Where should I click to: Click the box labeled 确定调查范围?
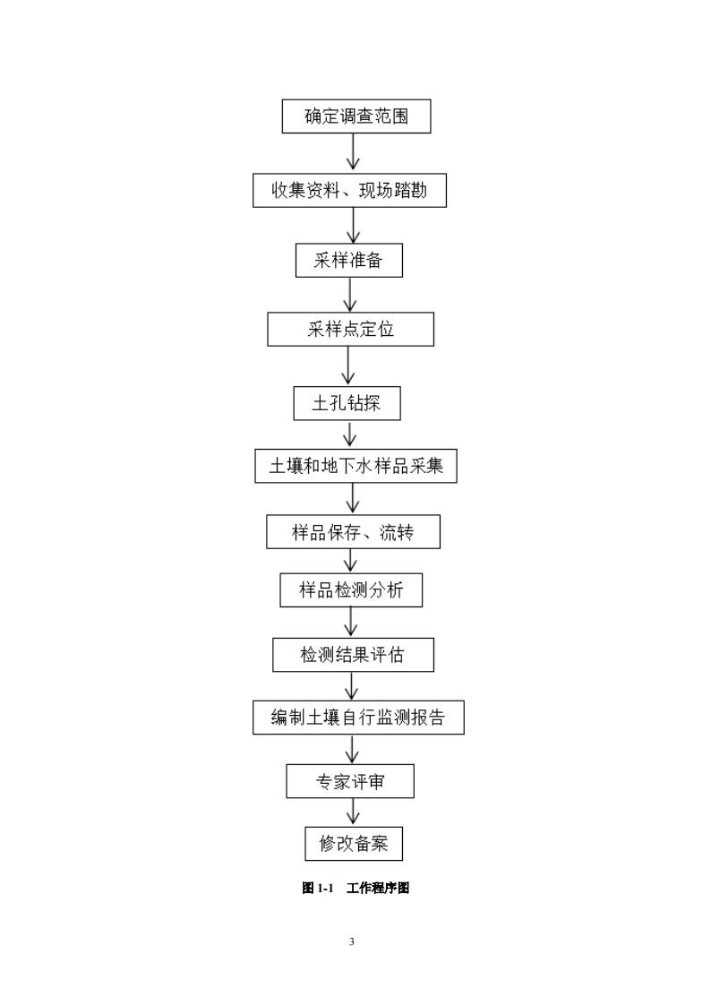click(x=355, y=116)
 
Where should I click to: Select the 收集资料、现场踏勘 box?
click(x=349, y=191)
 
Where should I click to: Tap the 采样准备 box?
click(x=349, y=261)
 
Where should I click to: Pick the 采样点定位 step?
click(x=350, y=329)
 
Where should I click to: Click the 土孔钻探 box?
click(x=347, y=403)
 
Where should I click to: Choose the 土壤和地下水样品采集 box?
click(x=355, y=466)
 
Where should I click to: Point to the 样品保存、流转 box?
click(x=353, y=532)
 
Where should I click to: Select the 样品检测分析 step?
click(x=350, y=590)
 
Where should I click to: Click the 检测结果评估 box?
click(x=353, y=655)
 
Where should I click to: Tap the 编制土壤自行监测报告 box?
click(x=358, y=718)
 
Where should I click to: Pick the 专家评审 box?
click(x=350, y=781)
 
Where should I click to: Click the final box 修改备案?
click(x=354, y=843)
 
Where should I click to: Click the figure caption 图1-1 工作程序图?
click(x=355, y=888)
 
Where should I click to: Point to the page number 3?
click(x=352, y=942)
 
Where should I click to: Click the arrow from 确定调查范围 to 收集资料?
click(x=354, y=153)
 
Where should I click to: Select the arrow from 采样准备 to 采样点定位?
click(x=350, y=295)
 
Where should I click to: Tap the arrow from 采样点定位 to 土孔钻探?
click(x=348, y=366)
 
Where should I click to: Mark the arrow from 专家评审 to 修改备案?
click(x=353, y=812)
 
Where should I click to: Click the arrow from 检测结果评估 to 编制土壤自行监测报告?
click(x=353, y=686)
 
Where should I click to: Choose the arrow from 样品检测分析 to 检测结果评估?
click(x=351, y=623)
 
